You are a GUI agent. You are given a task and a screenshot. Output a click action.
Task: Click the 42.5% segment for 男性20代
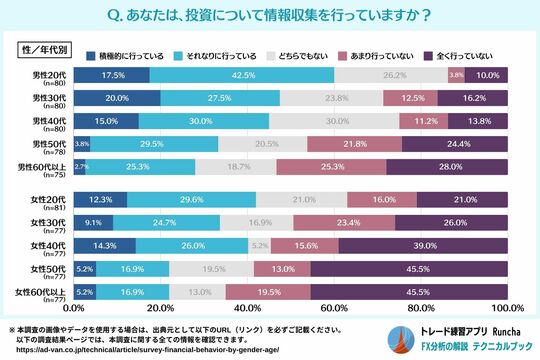point(242,75)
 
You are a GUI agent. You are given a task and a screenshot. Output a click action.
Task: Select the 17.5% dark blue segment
point(112,75)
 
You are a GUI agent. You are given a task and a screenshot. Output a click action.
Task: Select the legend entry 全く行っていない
point(463,53)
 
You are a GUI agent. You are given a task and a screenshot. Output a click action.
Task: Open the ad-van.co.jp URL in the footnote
point(138,350)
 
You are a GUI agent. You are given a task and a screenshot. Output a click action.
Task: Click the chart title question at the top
point(270,14)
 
